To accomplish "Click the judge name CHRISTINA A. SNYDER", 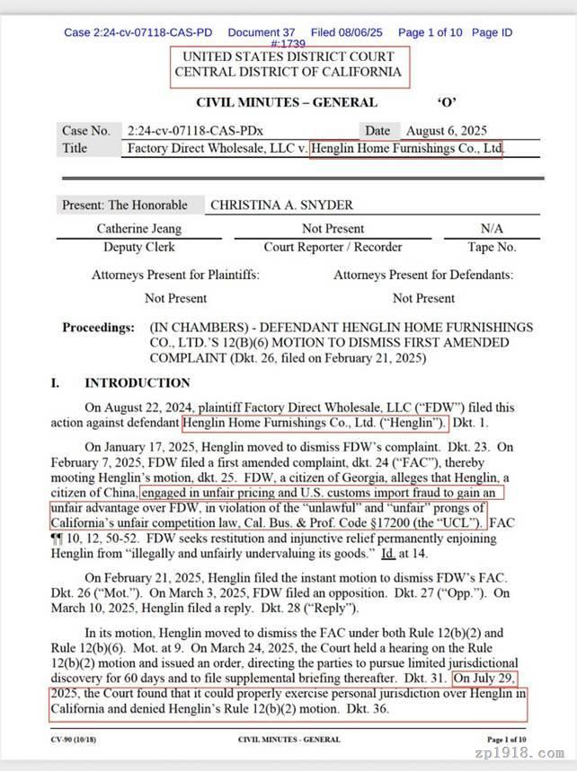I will (281, 205).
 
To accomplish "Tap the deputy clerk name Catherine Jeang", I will (139, 229).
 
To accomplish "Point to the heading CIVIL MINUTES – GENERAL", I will (285, 102).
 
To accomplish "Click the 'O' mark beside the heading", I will (447, 102).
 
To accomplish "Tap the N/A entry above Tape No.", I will (492, 229).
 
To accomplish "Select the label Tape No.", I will (492, 247).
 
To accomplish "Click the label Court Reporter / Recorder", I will (333, 247).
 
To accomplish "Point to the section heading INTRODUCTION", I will (138, 383).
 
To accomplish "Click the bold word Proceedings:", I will (98, 328).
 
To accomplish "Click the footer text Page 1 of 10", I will (506, 740).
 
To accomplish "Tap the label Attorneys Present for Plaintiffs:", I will (175, 276).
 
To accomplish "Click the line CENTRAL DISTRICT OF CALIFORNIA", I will (288, 72).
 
